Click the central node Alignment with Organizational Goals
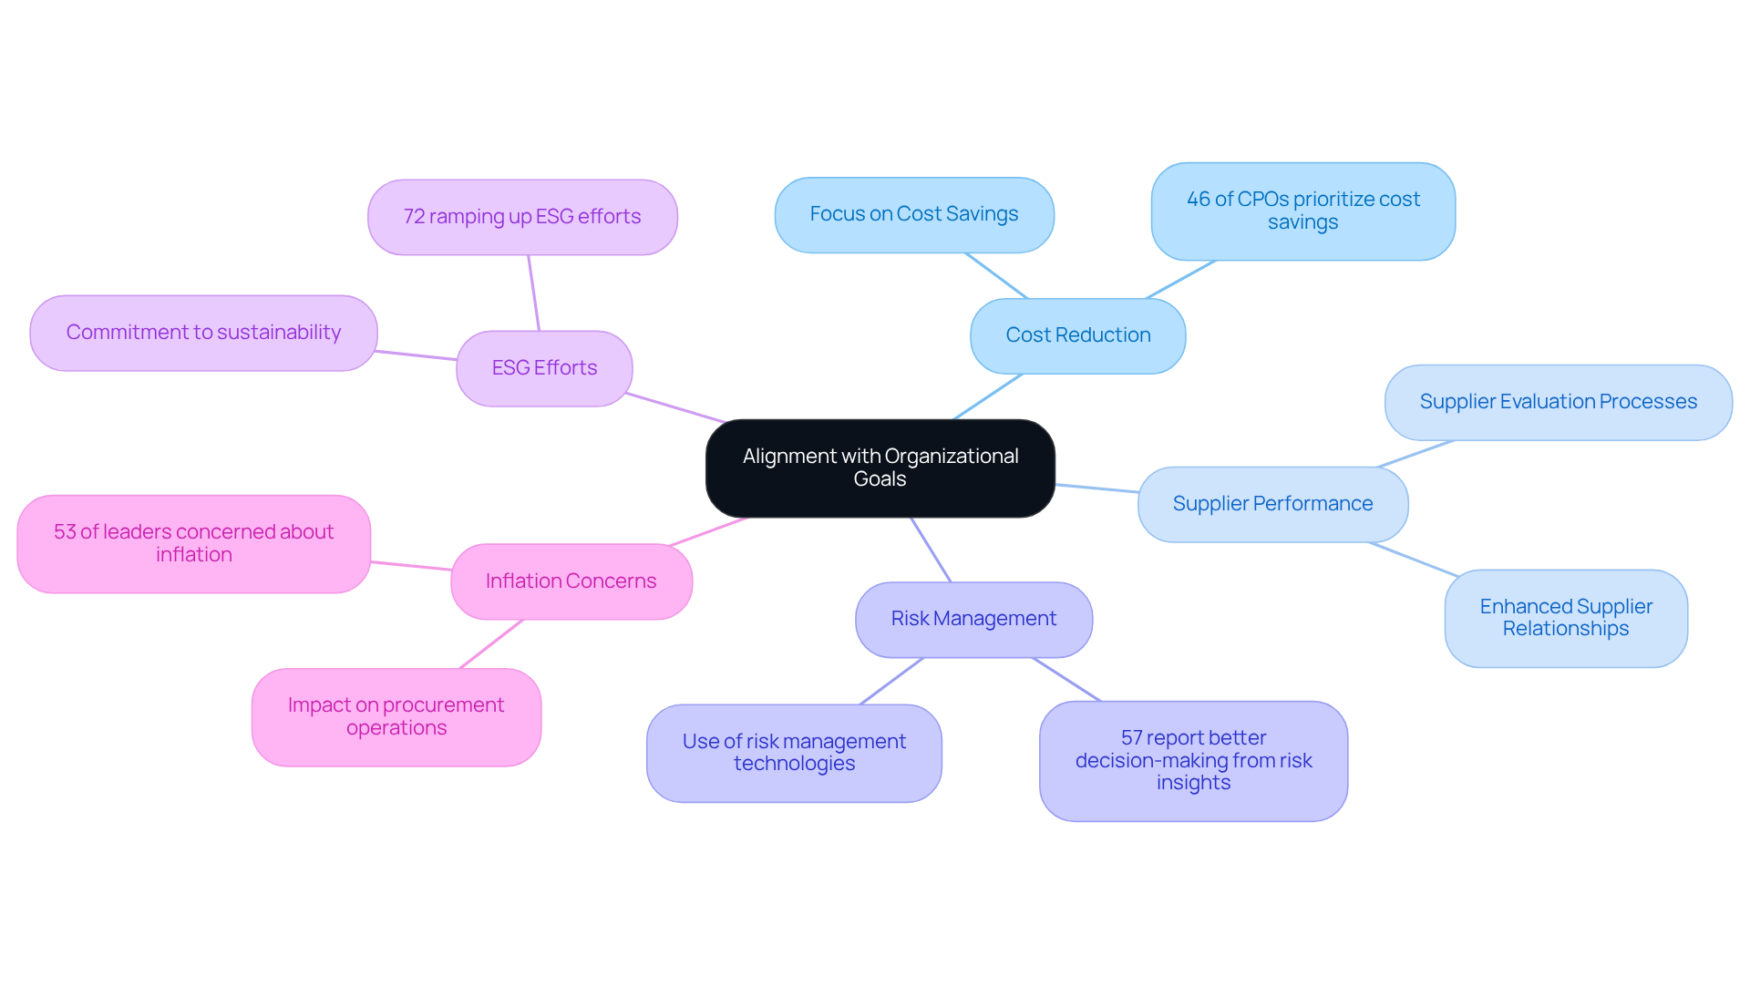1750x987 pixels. point(880,468)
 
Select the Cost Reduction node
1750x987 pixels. point(1077,335)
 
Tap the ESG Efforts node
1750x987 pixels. point(544,368)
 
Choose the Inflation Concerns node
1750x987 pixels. point(571,581)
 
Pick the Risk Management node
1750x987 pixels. point(973,619)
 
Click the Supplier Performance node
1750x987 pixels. point(1272,504)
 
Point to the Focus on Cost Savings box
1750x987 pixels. point(913,214)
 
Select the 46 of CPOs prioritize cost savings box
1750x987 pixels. point(1302,211)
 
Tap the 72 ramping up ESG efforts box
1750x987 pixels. point(522,217)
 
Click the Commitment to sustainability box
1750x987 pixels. point(203,333)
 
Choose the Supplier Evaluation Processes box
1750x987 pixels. point(1558,402)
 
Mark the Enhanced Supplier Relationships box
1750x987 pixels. point(1565,618)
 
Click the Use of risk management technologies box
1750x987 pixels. point(794,753)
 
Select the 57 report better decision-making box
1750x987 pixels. point(1193,760)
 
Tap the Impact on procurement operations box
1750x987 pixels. point(396,716)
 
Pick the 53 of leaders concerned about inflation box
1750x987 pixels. point(193,543)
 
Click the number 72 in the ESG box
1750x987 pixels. point(414,217)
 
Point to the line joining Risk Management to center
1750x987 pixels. point(931,550)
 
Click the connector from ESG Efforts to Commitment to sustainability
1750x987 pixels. point(417,355)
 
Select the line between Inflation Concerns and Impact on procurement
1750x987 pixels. point(491,644)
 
